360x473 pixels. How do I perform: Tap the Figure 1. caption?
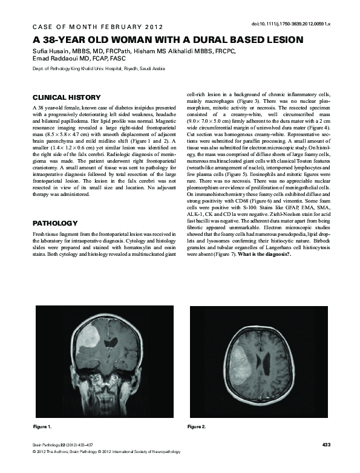[x=41, y=427]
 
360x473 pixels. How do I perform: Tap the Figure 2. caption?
[x=196, y=427]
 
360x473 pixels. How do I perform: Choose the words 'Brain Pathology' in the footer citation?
[x=47, y=445]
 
